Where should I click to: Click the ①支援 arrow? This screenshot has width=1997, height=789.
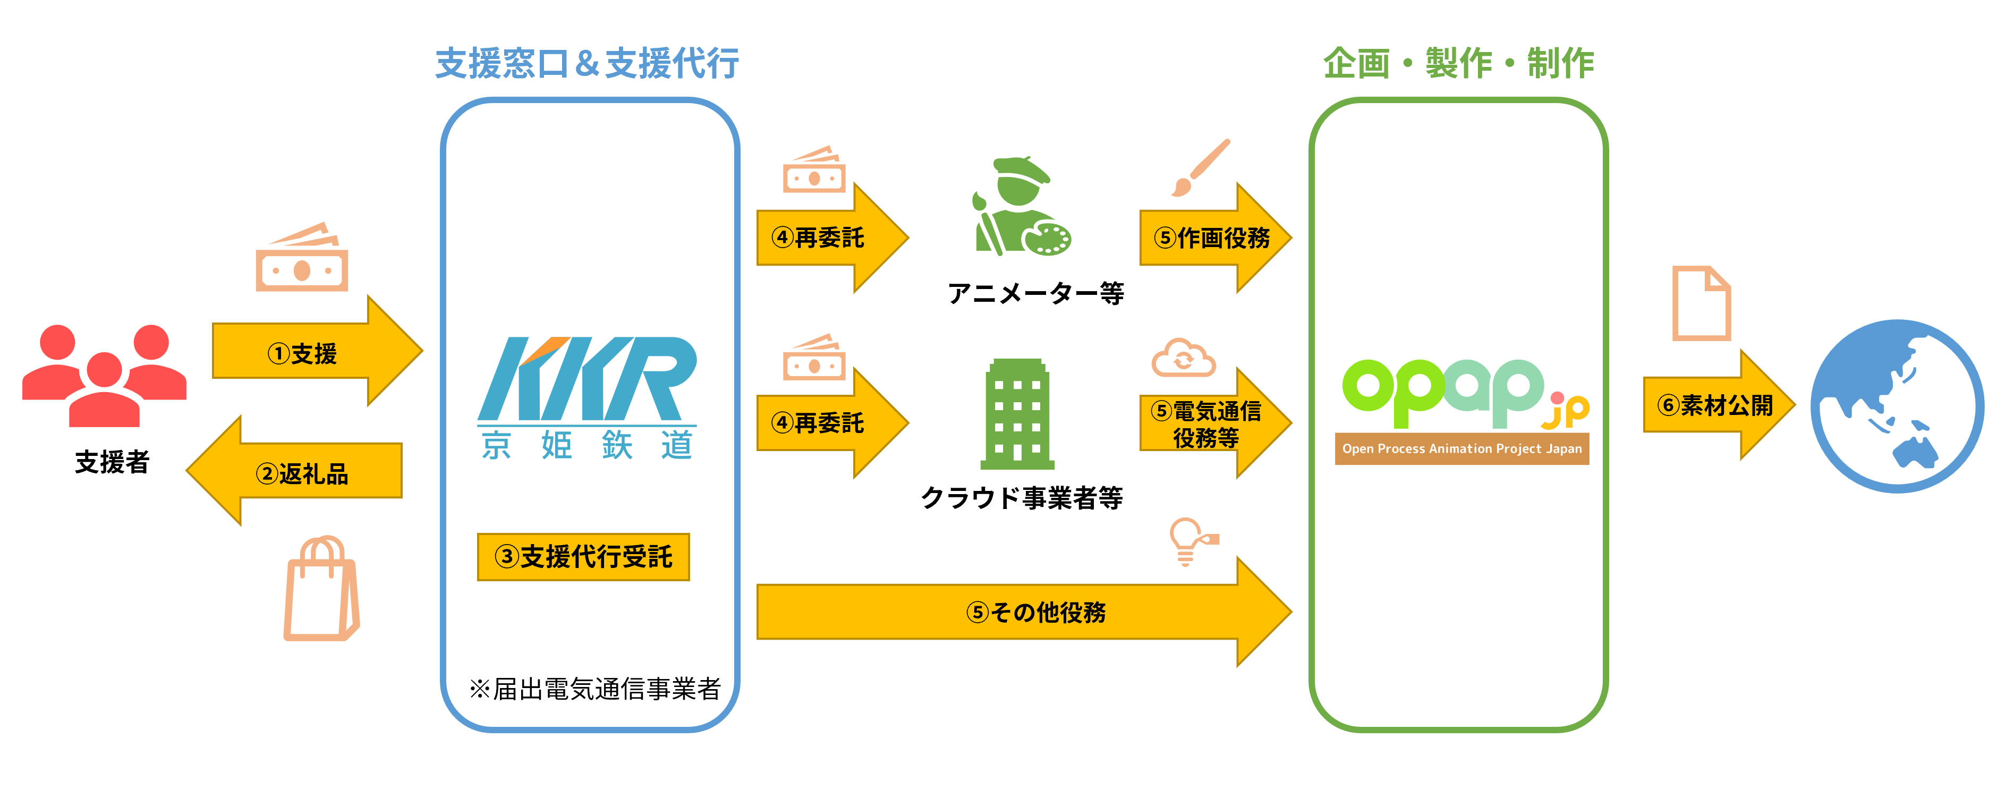(x=310, y=353)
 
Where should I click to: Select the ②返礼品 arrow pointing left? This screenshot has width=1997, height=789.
(x=302, y=472)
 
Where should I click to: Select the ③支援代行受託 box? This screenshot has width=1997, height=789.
(x=583, y=556)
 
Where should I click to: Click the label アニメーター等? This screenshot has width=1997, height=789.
(x=1036, y=293)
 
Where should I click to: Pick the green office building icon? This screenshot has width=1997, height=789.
(x=1017, y=414)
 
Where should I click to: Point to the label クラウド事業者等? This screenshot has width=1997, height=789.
(x=1022, y=497)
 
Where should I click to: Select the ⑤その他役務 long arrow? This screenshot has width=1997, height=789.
(x=1023, y=612)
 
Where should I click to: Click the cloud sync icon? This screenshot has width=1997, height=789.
(x=1183, y=358)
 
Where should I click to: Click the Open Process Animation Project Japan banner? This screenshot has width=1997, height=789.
(x=1461, y=449)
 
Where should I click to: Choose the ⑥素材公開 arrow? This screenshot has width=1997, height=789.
(x=1715, y=404)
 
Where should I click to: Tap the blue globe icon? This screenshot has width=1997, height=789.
(x=1896, y=405)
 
